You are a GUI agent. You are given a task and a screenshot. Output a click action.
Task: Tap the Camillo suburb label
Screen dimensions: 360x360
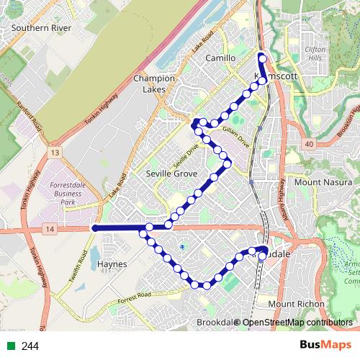click(x=220, y=58)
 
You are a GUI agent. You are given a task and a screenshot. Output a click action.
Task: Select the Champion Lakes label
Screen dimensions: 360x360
click(x=154, y=84)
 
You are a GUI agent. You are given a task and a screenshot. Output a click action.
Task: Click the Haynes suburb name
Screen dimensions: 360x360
click(x=112, y=264)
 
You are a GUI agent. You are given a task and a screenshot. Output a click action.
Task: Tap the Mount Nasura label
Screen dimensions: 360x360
click(x=317, y=182)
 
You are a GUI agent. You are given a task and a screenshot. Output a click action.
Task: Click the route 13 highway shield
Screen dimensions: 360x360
click(x=54, y=153)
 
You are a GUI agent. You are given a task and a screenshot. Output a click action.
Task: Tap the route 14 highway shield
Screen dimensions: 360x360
click(x=49, y=229)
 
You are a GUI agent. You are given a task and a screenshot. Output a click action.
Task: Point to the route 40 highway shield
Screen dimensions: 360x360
click(x=309, y=144)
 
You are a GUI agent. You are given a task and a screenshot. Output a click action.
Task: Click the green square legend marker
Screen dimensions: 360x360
click(x=9, y=346)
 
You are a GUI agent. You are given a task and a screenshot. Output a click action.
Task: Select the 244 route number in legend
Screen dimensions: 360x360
click(x=30, y=346)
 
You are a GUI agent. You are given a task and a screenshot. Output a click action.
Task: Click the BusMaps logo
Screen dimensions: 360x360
click(x=325, y=346)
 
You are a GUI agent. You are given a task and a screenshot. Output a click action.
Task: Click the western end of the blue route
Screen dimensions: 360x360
click(x=94, y=228)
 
